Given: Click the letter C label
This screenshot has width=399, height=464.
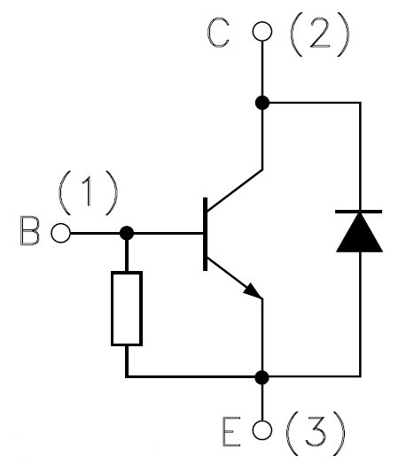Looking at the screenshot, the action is [218, 33].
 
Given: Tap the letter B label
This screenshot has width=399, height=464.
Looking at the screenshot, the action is [29, 230].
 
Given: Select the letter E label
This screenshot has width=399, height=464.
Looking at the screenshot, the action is [231, 431].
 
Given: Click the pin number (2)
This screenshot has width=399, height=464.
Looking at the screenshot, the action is [320, 35].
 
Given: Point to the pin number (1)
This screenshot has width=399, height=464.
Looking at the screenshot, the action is [89, 193].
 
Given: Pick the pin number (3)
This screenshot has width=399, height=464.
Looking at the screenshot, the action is [316, 433].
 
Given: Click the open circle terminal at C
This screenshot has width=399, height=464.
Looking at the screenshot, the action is [262, 31].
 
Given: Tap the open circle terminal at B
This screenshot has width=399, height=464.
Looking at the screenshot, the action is [60, 233].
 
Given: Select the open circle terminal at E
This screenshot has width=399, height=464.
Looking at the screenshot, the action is [262, 429].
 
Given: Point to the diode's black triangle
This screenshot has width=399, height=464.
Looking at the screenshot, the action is [359, 233].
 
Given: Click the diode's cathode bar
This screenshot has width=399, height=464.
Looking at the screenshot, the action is [359, 212].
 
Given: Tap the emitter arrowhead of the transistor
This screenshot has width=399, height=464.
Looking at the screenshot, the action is [253, 291].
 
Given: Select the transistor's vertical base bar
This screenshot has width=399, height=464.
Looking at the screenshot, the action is [206, 234].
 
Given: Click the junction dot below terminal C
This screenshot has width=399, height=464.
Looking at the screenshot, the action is [262, 103].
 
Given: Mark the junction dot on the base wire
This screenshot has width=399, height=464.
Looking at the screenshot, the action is [127, 233].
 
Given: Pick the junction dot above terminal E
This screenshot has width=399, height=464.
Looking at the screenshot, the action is [262, 377].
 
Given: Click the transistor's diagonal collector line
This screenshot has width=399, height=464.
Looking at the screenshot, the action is [235, 190].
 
